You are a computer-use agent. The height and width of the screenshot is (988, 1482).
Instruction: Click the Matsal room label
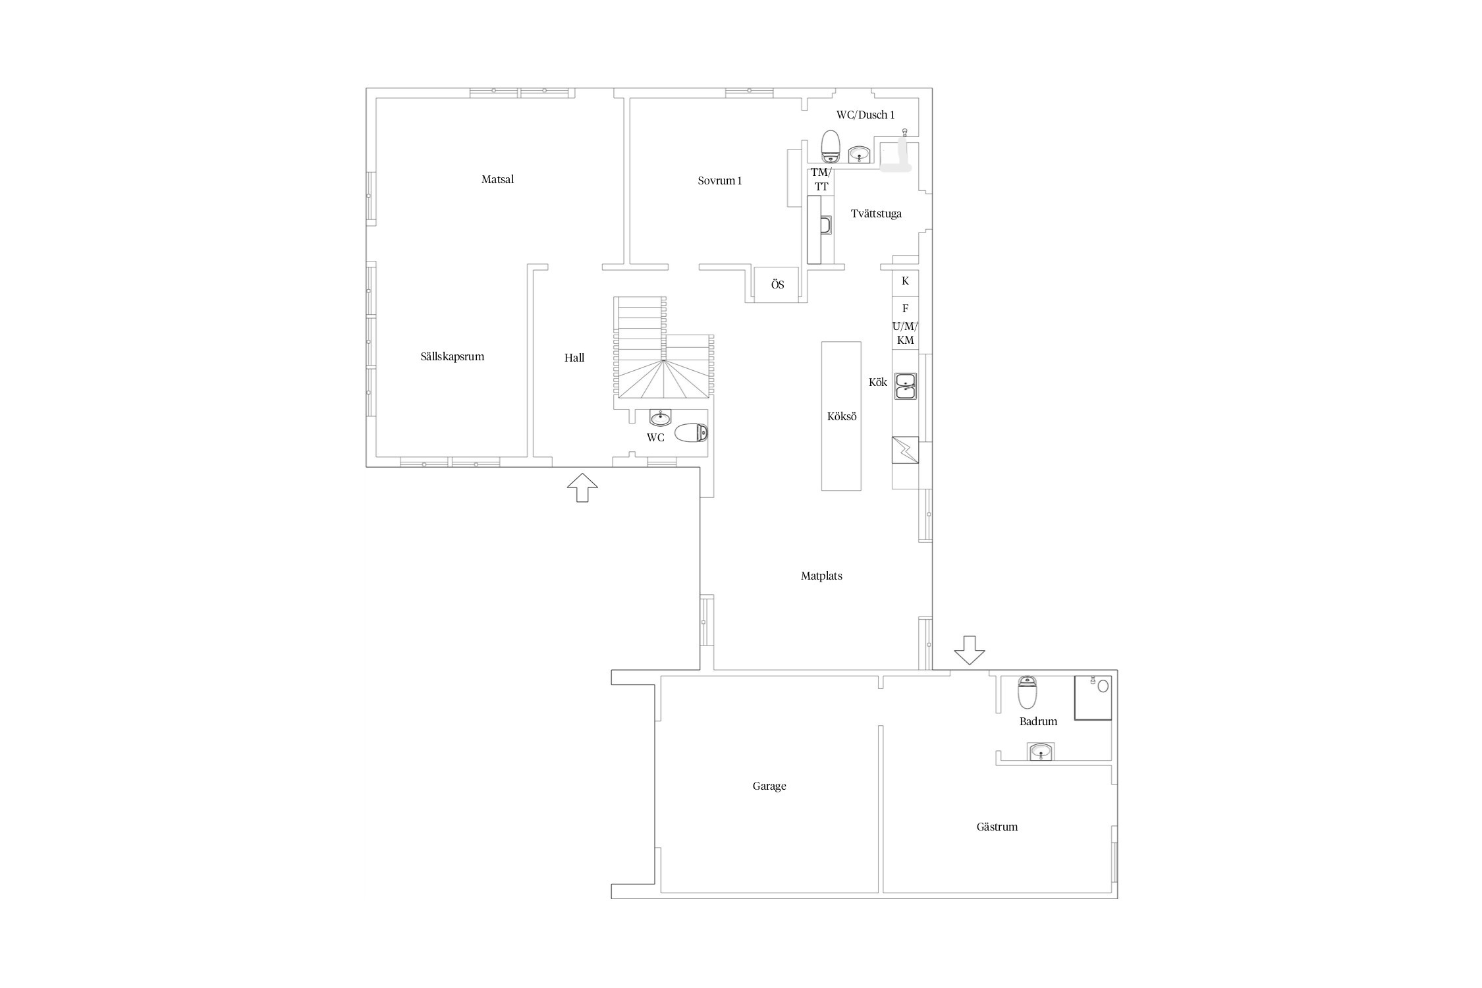[497, 179]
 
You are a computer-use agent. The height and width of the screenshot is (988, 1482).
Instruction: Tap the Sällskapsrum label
[452, 356]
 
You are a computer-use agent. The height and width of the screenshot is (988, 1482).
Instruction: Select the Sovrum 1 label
[720, 180]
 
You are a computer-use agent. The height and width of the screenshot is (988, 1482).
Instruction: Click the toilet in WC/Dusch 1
[831, 146]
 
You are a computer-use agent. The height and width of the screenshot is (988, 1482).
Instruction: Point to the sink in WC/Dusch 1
[859, 154]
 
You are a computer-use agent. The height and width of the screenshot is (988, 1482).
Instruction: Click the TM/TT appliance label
[821, 179]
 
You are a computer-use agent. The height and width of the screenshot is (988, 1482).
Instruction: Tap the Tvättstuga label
[876, 213]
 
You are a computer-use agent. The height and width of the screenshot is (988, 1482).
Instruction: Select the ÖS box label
[778, 285]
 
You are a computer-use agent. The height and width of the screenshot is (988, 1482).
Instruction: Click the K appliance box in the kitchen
[905, 281]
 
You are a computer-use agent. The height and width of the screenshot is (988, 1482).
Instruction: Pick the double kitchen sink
[905, 386]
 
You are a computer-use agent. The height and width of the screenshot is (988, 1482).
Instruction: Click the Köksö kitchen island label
[842, 416]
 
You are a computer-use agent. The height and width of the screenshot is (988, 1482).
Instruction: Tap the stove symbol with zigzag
[905, 451]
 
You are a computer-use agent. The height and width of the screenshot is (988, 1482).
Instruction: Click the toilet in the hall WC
[691, 433]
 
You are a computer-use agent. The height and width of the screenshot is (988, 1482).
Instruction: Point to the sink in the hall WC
[661, 418]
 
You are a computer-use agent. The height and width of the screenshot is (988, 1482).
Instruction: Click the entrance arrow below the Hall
[582, 487]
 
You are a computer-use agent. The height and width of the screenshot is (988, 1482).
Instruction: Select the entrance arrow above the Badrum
[969, 650]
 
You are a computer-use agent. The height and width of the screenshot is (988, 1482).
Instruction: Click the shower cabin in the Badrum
[1093, 698]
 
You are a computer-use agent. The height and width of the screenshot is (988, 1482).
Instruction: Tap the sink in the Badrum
[1041, 752]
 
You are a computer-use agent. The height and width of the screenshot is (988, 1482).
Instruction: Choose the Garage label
[769, 786]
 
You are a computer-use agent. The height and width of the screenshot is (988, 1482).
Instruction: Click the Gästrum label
[997, 827]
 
